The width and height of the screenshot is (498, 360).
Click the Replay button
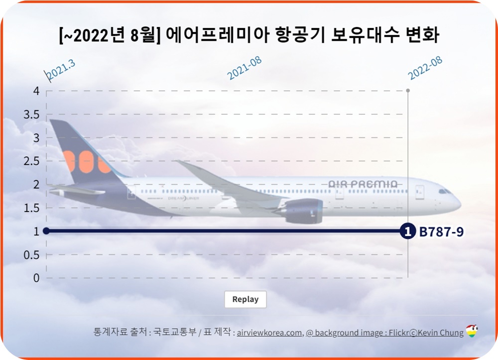(245, 299)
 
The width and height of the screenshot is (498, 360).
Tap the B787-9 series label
(441, 232)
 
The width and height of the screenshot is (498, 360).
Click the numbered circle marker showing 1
(407, 231)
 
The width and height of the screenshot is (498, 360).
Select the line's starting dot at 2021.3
(46, 231)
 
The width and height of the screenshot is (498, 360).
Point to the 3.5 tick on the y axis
(31, 114)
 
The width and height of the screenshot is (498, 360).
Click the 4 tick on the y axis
(36, 91)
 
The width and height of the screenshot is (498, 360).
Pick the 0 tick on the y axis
(36, 278)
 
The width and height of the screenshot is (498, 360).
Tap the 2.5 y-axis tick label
(31, 161)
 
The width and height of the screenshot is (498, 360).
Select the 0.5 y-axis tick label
(31, 254)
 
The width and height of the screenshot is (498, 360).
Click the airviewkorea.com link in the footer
(269, 333)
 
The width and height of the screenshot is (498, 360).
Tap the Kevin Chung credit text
(439, 333)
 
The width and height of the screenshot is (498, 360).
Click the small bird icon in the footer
(472, 331)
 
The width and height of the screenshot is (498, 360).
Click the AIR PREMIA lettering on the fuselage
(363, 184)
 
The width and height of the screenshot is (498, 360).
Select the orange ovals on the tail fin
(87, 162)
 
